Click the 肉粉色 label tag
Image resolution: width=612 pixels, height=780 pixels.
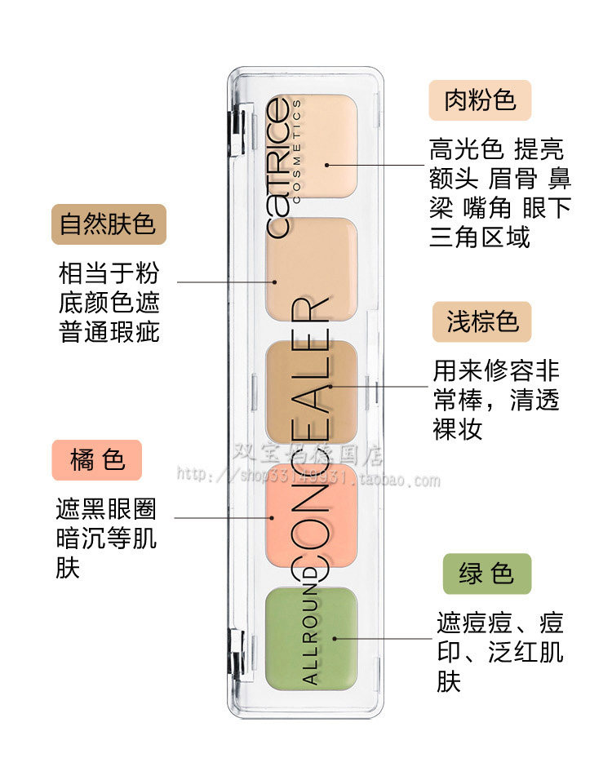480,100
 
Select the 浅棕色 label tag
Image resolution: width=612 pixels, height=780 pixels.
481,321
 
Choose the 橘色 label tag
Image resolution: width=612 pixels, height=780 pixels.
97,460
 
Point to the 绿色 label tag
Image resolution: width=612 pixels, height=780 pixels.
486,574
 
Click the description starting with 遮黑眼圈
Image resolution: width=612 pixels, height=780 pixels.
106,538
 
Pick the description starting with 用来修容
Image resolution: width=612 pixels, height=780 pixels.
496,401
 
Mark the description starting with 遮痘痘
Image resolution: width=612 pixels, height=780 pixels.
499,653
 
